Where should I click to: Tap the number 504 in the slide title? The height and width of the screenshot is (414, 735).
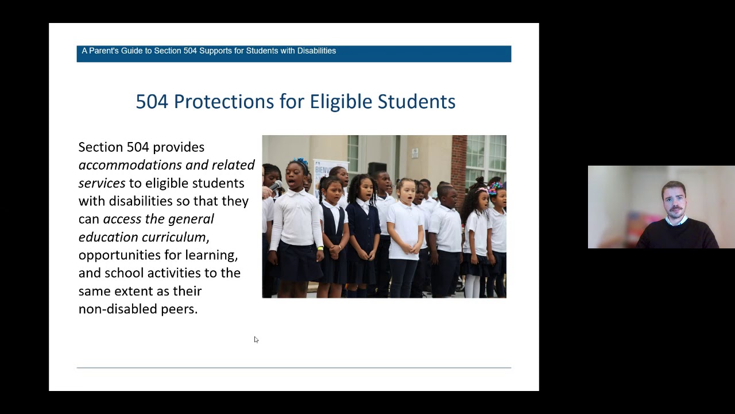152,102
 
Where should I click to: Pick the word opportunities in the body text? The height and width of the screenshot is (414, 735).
119,255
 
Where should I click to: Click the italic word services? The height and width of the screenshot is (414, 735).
102,183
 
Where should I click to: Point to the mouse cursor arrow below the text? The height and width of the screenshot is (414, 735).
256,339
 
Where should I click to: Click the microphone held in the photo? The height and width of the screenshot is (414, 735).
276,186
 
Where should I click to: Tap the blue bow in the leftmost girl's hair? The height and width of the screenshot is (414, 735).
300,163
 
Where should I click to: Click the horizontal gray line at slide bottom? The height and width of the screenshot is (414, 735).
293,367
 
